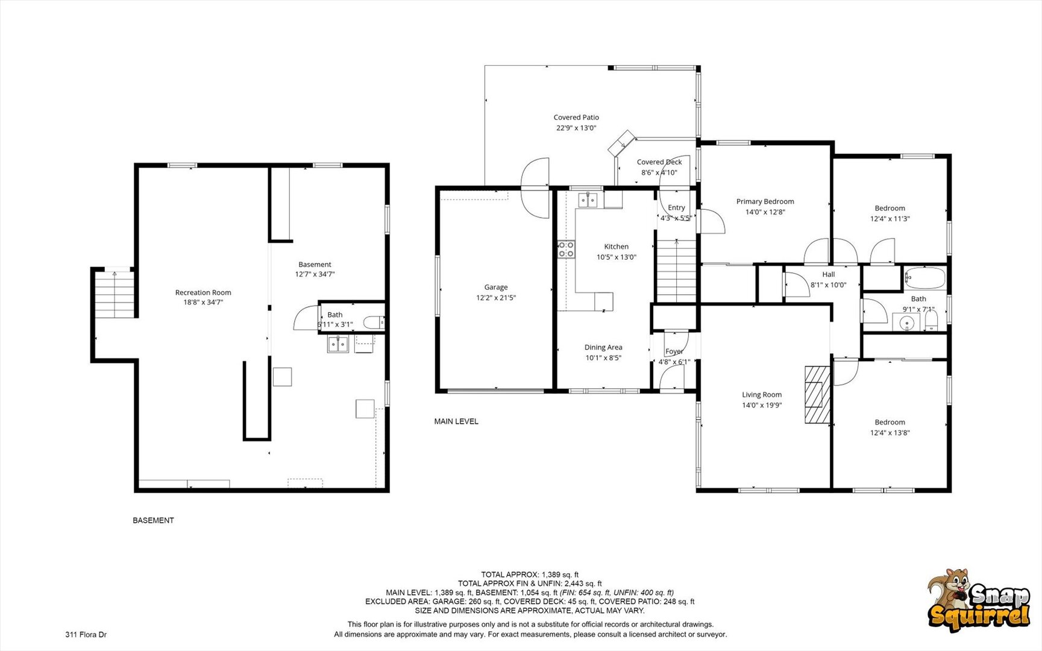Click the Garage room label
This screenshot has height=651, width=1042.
coord(496,288)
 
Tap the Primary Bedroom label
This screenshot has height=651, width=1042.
coord(765,201)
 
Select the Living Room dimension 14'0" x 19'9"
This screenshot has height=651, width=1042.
coord(762,405)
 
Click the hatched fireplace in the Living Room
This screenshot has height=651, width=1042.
coord(817,394)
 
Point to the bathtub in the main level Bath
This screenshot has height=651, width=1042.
coord(924,278)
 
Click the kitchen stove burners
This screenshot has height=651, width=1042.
coord(566,250)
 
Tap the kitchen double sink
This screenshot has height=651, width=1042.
coord(588,200)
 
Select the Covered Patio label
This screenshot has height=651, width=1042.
coord(576,118)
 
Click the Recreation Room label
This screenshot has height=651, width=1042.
coord(203,292)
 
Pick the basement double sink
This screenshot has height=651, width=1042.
coord(338,344)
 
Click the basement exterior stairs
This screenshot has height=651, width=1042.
coord(115,294)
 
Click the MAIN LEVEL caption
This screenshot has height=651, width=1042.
coord(456,421)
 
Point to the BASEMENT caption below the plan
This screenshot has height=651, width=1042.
coord(153,520)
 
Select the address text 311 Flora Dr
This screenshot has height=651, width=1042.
coord(86,634)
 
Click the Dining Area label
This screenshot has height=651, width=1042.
coord(603,347)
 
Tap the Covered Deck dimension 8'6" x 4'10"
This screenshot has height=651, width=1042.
coord(659,172)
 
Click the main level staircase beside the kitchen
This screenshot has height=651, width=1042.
coord(677,271)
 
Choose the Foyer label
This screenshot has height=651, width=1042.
coord(674,351)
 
